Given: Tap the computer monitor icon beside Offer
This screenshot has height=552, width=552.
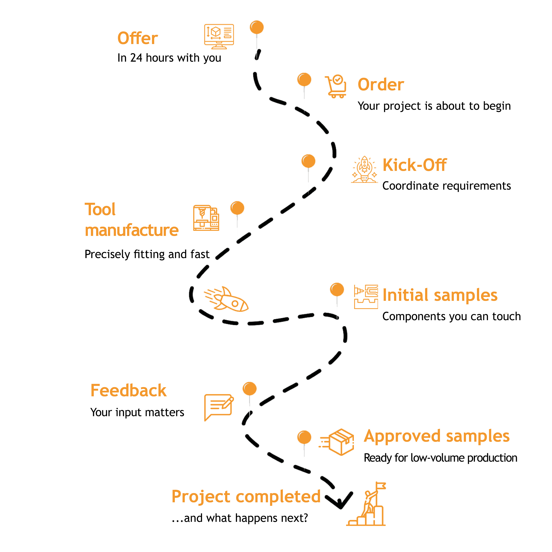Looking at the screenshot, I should [x=219, y=36].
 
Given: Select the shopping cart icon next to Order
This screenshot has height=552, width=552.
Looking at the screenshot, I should [x=336, y=86].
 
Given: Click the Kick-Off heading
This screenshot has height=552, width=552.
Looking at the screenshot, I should [x=414, y=165].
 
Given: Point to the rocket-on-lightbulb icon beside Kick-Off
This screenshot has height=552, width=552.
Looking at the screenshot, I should [x=364, y=170].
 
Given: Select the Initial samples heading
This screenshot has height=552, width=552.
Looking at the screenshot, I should [x=440, y=295].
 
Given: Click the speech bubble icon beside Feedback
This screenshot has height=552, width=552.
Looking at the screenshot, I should [x=219, y=407].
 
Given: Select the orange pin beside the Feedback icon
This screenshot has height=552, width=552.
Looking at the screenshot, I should [x=250, y=389].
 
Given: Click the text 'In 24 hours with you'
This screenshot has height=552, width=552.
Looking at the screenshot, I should [x=169, y=58].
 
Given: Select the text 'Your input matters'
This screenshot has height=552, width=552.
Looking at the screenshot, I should [x=137, y=412].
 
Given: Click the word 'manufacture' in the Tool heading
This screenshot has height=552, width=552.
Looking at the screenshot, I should [x=132, y=230].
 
